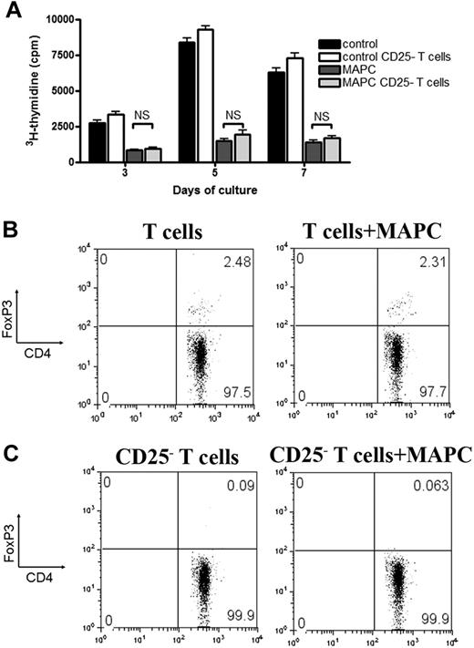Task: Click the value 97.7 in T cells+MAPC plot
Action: coord(423,389)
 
